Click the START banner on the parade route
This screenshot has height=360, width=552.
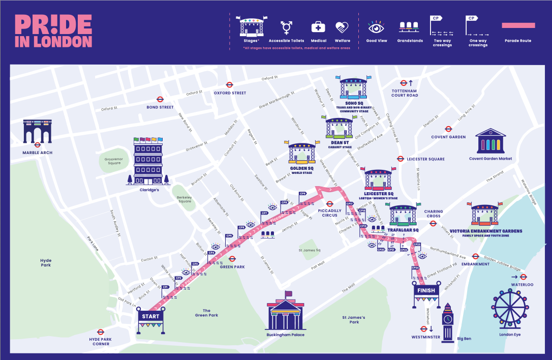(150, 316)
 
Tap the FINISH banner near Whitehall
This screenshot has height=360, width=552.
(426, 290)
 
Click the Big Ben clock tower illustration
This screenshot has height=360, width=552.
(447, 322)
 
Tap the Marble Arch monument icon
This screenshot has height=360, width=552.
(37, 132)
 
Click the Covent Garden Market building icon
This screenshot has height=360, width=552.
(490, 141)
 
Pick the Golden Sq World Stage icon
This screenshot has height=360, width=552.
(302, 153)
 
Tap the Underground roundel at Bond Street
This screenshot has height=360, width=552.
(160, 100)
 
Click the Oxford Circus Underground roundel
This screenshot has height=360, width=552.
(230, 85)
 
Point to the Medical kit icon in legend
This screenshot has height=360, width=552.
(318, 27)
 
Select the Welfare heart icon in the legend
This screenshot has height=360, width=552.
(342, 27)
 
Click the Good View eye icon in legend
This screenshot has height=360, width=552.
(377, 26)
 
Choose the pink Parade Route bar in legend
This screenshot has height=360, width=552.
(518, 25)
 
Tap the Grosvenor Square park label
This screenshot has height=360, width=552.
(113, 161)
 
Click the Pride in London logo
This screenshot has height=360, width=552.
(53, 31)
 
